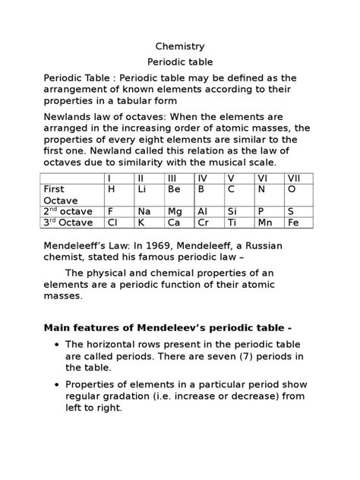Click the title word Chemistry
click(179, 46)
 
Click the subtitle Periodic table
click(179, 62)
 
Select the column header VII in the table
click(294, 178)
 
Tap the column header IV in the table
click(202, 178)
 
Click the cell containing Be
click(174, 189)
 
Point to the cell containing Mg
click(175, 211)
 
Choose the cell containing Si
click(232, 211)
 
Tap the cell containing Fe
click(293, 223)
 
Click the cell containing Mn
click(264, 223)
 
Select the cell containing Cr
click(203, 223)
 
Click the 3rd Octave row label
click(68, 223)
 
